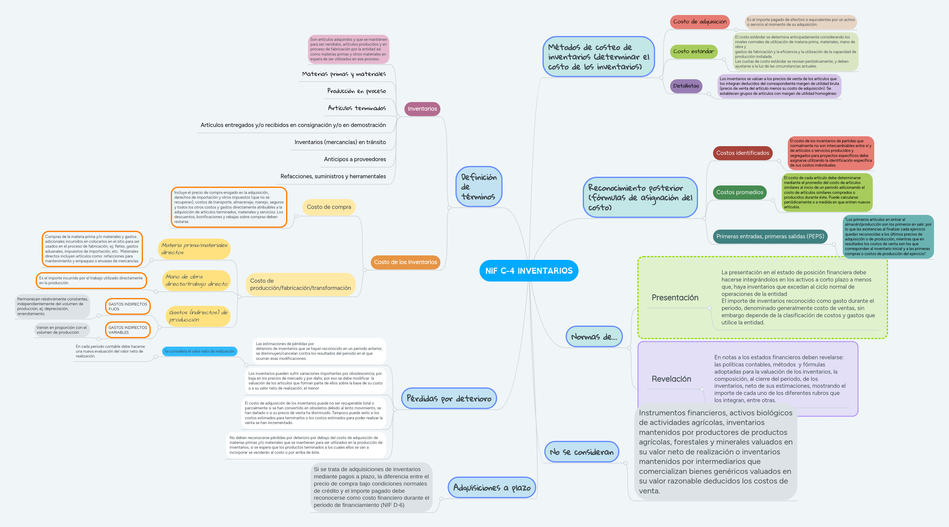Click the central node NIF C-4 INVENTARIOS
529,271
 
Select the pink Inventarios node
422,109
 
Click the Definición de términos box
479,187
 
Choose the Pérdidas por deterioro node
449,398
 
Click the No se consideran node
581,452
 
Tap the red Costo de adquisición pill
700,22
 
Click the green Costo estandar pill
693,52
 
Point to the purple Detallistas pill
686,86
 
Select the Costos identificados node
742,153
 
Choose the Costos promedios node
739,192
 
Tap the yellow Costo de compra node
329,207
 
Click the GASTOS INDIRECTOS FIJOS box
128,306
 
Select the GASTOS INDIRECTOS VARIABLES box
128,330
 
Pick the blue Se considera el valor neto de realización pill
199,351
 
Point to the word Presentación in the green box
675,298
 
